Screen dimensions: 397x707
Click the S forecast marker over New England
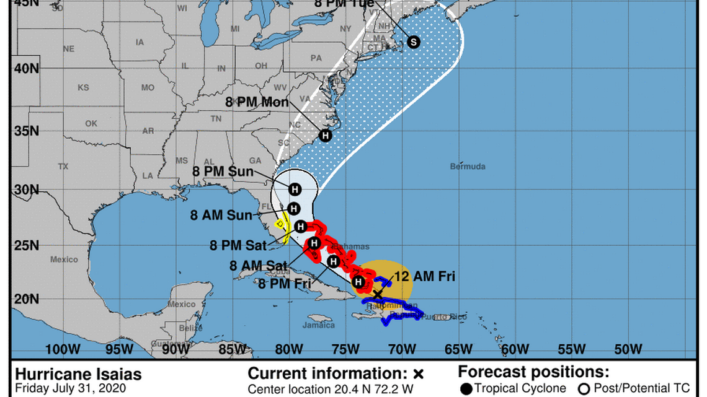(x=413, y=42)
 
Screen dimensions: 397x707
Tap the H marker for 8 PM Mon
(x=325, y=135)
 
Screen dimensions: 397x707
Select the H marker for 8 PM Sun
(x=295, y=190)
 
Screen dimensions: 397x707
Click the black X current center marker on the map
(x=378, y=294)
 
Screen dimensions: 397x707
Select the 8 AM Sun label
(x=221, y=216)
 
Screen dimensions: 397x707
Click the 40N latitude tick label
(x=27, y=68)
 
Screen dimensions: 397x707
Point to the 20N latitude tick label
(x=27, y=299)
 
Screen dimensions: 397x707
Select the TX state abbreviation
(x=63, y=167)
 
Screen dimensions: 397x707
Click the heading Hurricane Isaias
(x=78, y=375)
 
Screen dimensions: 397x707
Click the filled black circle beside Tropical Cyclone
(x=466, y=389)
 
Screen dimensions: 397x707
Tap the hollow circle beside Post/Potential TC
(x=583, y=389)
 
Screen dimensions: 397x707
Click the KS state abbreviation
(x=83, y=88)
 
